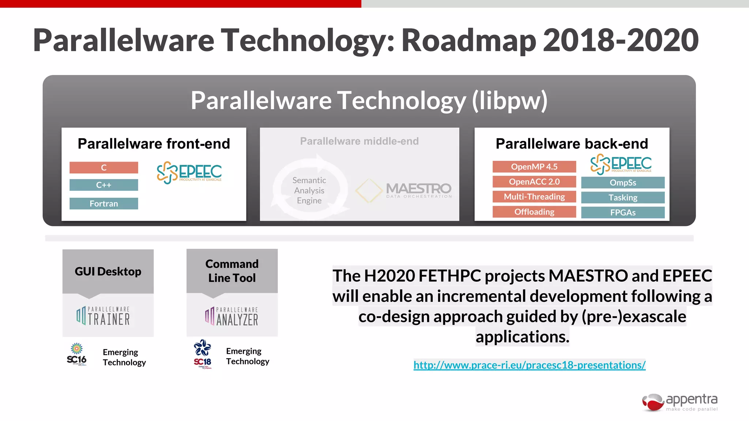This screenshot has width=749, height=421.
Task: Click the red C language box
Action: click(104, 167)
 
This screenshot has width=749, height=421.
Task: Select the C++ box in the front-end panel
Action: click(104, 185)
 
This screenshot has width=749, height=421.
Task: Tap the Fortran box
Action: click(104, 204)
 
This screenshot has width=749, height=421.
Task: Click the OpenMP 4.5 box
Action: click(534, 167)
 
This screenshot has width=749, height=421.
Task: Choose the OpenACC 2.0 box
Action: click(534, 182)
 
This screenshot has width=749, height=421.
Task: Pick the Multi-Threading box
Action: click(534, 197)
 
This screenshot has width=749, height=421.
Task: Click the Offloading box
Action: click(534, 212)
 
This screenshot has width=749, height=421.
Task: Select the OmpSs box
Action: click(622, 183)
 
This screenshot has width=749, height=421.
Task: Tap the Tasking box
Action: click(622, 198)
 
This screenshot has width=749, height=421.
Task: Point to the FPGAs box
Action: click(622, 213)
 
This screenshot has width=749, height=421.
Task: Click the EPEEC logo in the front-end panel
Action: click(189, 172)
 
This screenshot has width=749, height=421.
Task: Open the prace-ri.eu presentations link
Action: click(529, 365)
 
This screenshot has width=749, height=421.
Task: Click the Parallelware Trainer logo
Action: click(103, 316)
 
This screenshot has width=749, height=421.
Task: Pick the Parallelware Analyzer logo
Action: click(232, 316)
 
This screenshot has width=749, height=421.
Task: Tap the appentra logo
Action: click(680, 402)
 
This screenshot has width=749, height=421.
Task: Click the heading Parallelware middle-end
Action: click(359, 141)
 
